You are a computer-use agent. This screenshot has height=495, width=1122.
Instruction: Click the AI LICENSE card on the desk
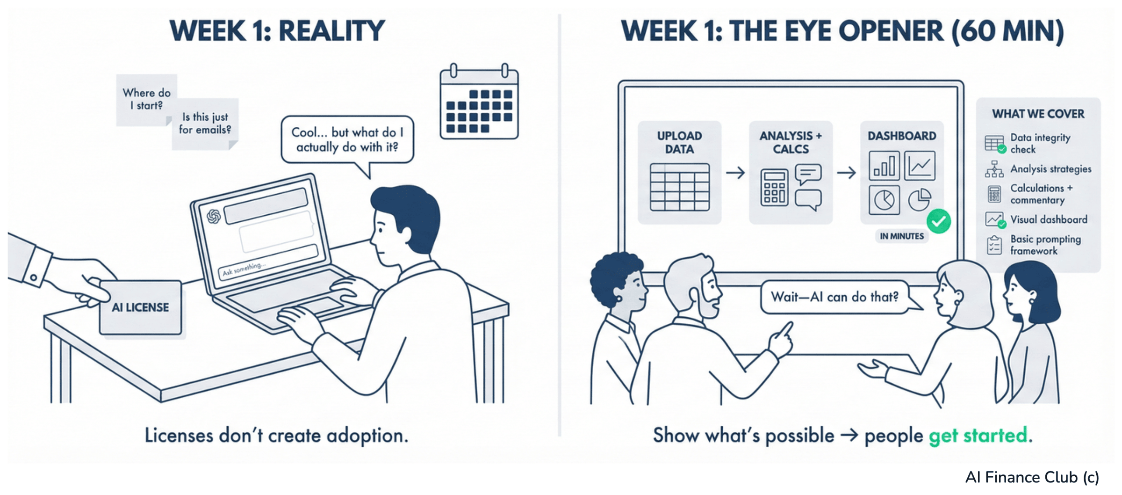tap(140, 307)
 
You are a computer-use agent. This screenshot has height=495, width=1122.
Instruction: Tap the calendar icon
tap(479, 102)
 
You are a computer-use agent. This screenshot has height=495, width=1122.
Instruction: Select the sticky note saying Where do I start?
tap(146, 99)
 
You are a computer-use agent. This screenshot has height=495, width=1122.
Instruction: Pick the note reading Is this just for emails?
tap(205, 124)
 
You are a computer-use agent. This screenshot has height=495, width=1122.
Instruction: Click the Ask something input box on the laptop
tap(268, 263)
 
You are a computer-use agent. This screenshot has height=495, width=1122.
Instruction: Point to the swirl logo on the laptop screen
tap(214, 216)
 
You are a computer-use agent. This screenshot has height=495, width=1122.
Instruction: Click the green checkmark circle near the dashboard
tap(939, 221)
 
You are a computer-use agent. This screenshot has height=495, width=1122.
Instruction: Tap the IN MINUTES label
tap(902, 236)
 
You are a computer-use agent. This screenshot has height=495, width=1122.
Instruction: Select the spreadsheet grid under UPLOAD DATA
tap(680, 187)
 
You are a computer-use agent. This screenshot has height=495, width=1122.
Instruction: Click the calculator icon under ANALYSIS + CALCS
tap(774, 187)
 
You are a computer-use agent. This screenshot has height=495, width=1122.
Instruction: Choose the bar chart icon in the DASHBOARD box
tap(884, 166)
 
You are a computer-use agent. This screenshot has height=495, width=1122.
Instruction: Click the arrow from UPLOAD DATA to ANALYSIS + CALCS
tap(735, 173)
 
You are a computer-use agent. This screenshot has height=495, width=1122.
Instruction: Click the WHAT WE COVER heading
tap(1038, 114)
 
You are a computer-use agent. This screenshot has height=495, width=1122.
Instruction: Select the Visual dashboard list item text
tap(1049, 219)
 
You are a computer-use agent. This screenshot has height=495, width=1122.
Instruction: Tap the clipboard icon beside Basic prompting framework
tap(994, 245)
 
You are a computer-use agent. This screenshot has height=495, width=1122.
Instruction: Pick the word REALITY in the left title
tap(331, 31)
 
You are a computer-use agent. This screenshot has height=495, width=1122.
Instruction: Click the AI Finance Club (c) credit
tap(1032, 477)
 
